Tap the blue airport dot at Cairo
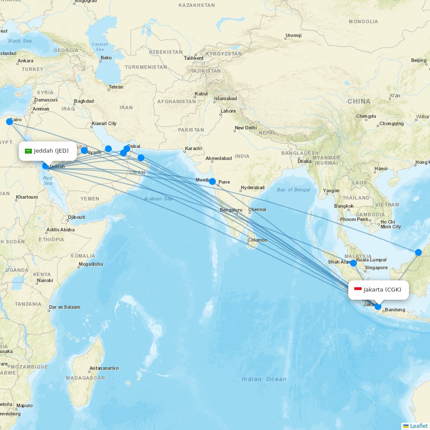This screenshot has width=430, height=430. click(9, 122)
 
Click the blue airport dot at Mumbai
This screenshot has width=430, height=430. click(212, 181)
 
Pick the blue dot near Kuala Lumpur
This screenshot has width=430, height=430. click(353, 263)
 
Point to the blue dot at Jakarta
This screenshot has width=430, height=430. click(378, 307)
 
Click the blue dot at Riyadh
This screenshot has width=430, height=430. click(84, 150)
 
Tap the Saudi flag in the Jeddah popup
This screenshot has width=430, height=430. click(28, 151)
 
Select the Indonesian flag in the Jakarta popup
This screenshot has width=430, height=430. click(358, 289)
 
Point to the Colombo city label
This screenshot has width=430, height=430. click(257, 240)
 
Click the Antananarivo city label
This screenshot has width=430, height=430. click(104, 369)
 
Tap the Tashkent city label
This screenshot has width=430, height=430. click(193, 58)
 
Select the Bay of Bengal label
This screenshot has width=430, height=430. click(293, 190)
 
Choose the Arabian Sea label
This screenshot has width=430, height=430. click(158, 199)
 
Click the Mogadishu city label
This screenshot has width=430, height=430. click(91, 264)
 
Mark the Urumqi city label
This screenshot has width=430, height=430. click(293, 35)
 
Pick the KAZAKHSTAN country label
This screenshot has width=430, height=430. click(197, 5)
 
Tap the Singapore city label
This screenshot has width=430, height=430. click(376, 267)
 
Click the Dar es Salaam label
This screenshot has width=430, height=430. click(64, 307)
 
